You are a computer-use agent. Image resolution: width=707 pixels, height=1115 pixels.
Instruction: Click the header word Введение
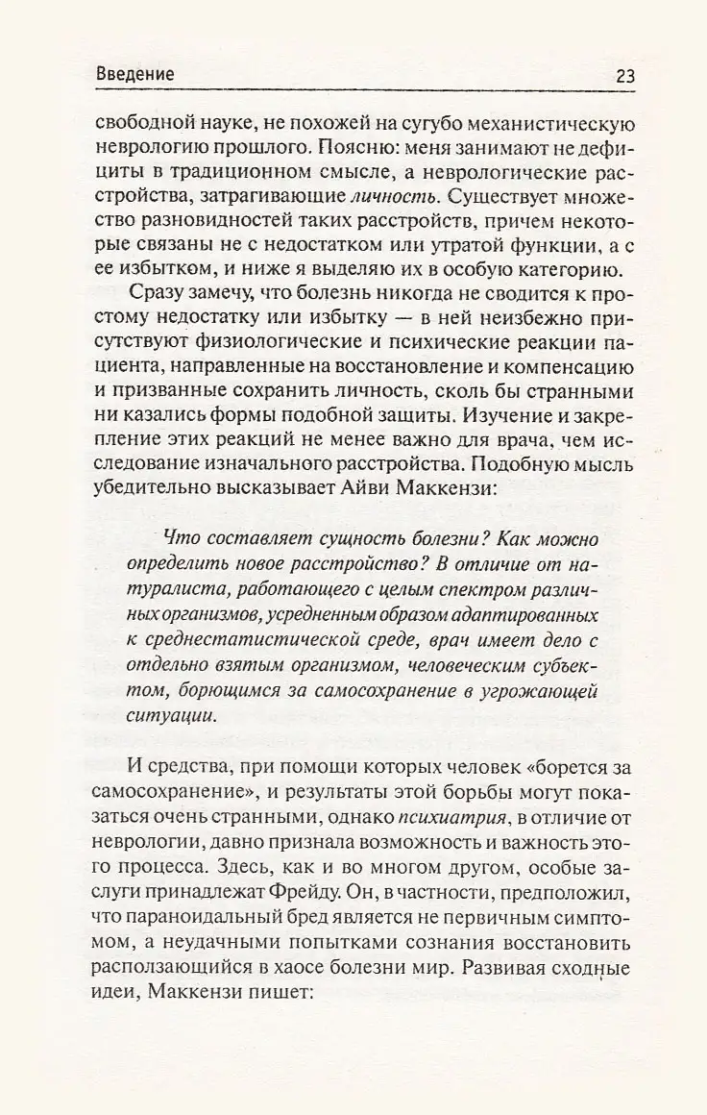pos(135,75)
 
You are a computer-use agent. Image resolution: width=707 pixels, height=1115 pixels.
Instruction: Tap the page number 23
pos(619,75)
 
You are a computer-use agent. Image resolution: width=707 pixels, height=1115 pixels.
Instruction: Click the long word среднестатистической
pos(254,638)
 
